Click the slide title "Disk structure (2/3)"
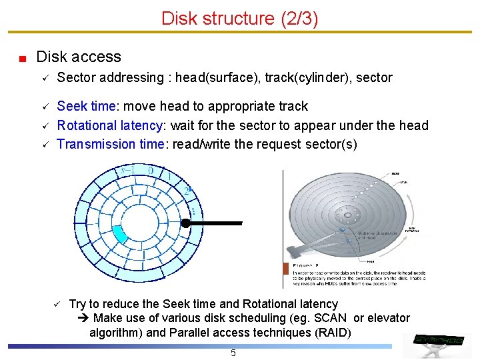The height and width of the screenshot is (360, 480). click(239, 18)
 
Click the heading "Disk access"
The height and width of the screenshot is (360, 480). click(79, 57)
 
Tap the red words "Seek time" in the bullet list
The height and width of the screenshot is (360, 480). click(86, 106)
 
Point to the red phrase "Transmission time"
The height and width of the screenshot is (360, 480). click(111, 144)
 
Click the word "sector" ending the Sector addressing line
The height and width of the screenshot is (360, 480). click(374, 77)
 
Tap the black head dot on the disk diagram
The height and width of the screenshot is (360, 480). click(187, 223)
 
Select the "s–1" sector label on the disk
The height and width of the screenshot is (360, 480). click(128, 171)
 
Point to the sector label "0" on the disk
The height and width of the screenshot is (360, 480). click(151, 170)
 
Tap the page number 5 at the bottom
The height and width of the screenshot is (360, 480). click(233, 353)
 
